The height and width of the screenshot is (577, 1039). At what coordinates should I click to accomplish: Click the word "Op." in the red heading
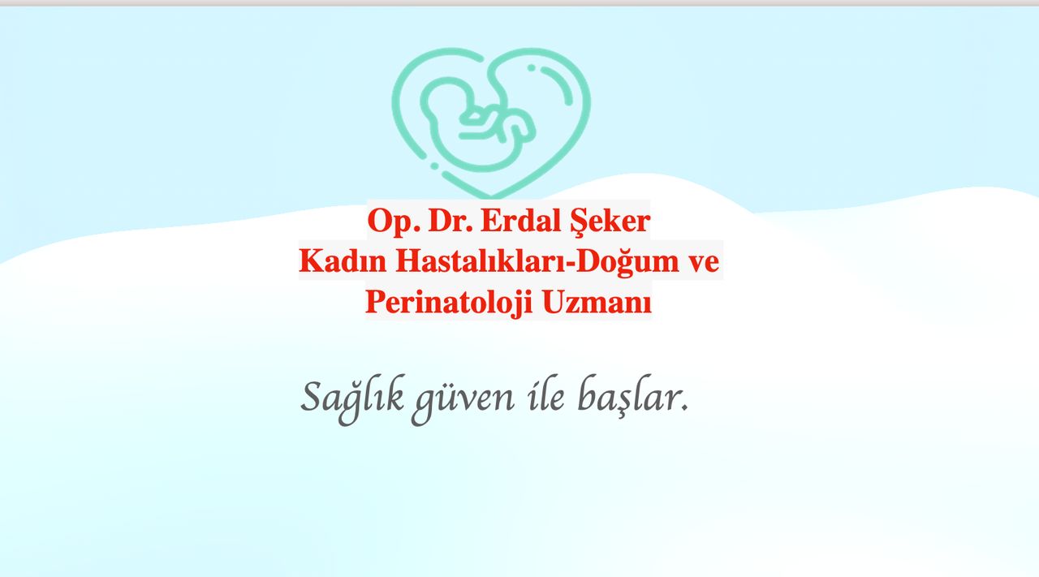pos(394,222)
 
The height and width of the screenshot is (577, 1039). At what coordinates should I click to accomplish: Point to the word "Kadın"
pos(343,261)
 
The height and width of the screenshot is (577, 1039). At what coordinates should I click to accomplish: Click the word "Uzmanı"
pos(597,303)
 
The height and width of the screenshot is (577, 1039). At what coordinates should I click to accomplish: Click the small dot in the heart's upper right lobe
pos(532,68)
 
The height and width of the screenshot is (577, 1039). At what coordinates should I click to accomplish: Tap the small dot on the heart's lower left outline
pos(434,166)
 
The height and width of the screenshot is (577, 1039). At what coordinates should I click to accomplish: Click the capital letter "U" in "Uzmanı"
pos(553,303)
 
